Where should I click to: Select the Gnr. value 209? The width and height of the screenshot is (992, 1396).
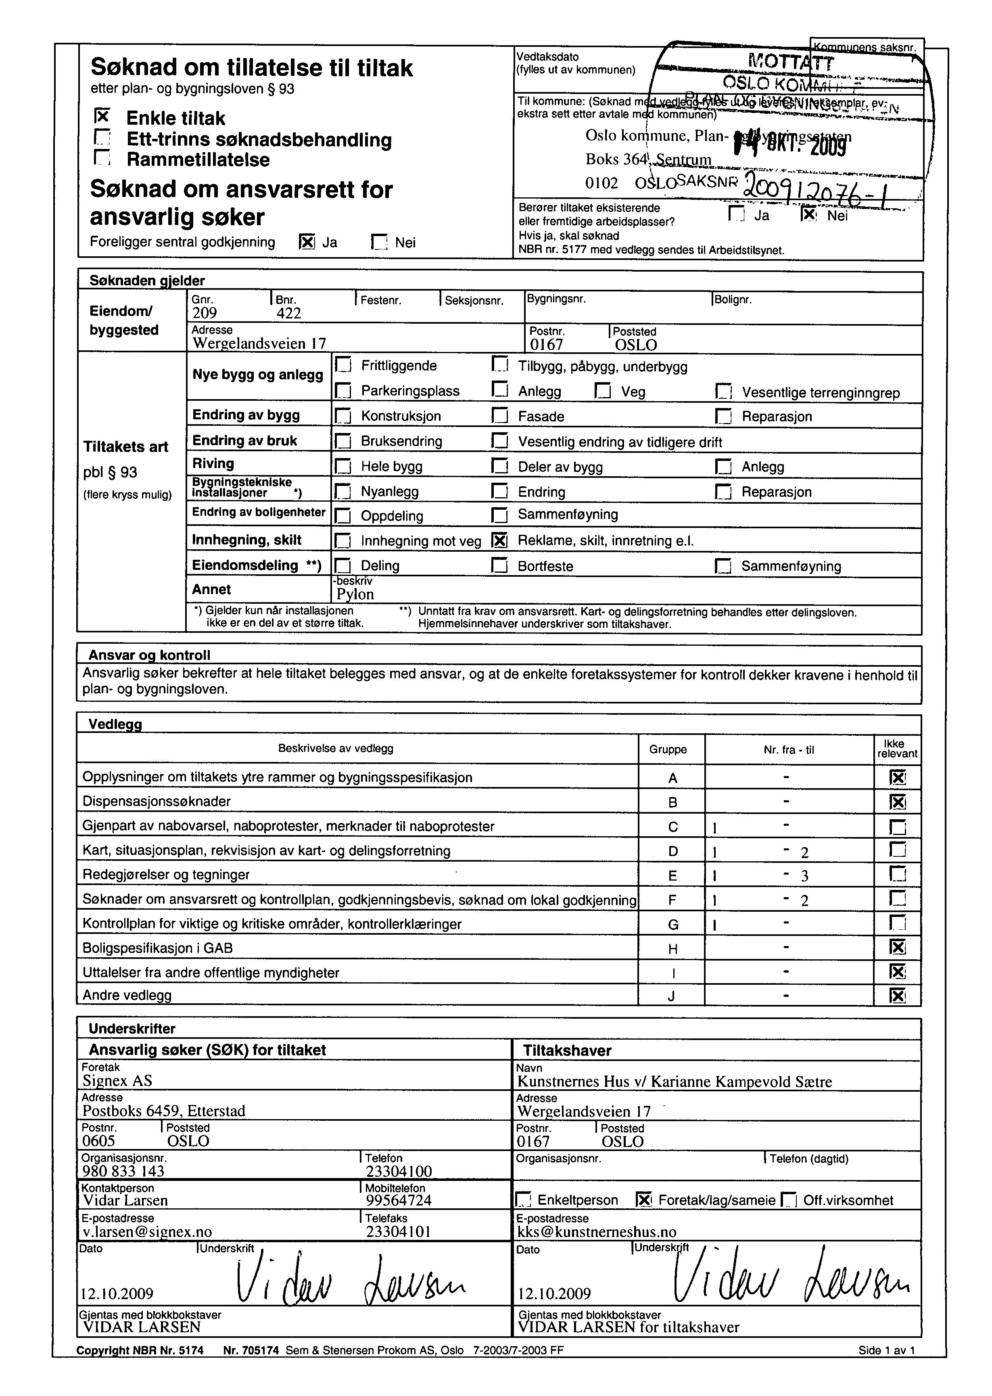tap(205, 314)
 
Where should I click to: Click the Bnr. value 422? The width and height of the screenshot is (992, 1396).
tap(288, 314)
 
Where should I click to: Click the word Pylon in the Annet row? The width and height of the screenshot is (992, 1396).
tap(355, 594)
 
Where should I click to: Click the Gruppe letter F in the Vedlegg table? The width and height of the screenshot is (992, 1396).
tap(672, 900)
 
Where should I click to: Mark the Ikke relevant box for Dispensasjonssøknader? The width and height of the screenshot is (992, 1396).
tap(897, 802)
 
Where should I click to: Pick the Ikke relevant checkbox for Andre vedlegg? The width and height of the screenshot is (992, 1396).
tap(897, 996)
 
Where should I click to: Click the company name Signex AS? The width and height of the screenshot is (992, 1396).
tap(117, 1081)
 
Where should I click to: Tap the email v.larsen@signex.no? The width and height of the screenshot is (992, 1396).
tap(147, 1232)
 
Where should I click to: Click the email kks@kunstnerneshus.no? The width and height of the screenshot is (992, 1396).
tap(597, 1232)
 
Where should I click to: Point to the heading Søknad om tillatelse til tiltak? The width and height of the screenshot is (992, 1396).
tap(252, 67)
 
